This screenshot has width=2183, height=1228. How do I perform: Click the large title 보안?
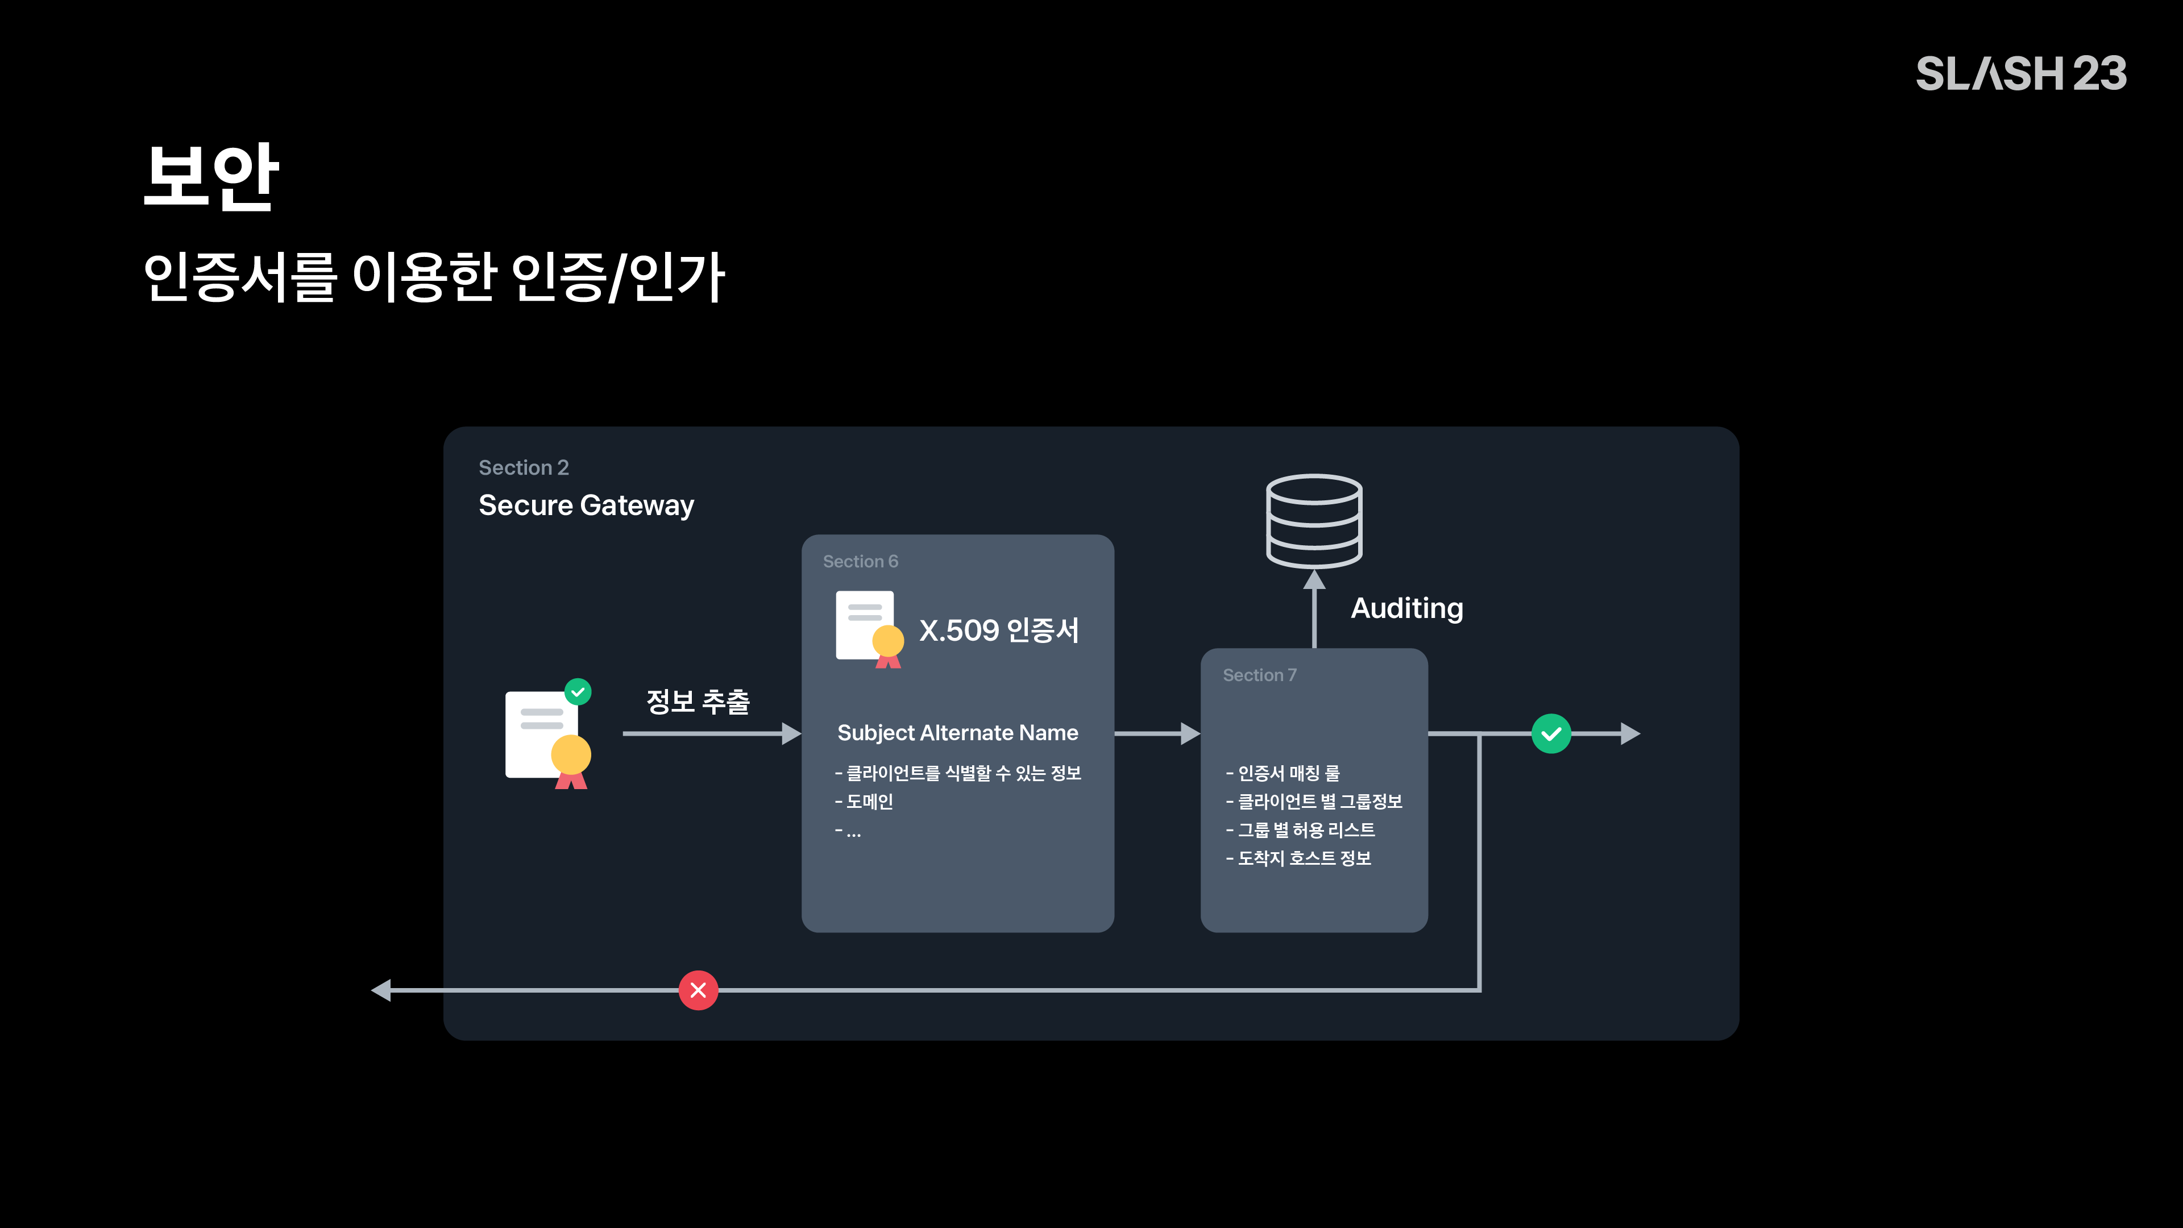pyautogui.click(x=211, y=176)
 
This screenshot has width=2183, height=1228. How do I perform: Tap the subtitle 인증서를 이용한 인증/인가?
pyautogui.click(x=434, y=276)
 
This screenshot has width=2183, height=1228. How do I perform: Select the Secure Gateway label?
pyautogui.click(x=587, y=505)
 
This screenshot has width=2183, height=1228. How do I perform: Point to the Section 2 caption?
pyautogui.click(x=524, y=468)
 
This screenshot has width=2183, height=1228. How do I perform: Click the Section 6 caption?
pyautogui.click(x=860, y=561)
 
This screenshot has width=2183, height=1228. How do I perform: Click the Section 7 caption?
pyautogui.click(x=1259, y=675)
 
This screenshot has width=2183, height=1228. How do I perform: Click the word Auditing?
pyautogui.click(x=1407, y=608)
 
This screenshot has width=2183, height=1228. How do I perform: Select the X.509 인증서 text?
pyautogui.click(x=999, y=630)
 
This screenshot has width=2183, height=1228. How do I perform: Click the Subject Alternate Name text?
pyautogui.click(x=957, y=733)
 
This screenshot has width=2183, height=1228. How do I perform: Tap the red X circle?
pyautogui.click(x=698, y=990)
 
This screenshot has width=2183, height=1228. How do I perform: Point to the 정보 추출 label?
pyautogui.click(x=698, y=702)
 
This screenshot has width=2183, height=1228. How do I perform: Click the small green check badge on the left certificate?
pyautogui.click(x=578, y=691)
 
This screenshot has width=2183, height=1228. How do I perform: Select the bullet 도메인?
pyautogui.click(x=864, y=802)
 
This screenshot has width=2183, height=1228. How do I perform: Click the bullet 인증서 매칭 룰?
pyautogui.click(x=1283, y=773)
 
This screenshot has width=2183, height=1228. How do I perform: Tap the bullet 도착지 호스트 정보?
pyautogui.click(x=1298, y=858)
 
